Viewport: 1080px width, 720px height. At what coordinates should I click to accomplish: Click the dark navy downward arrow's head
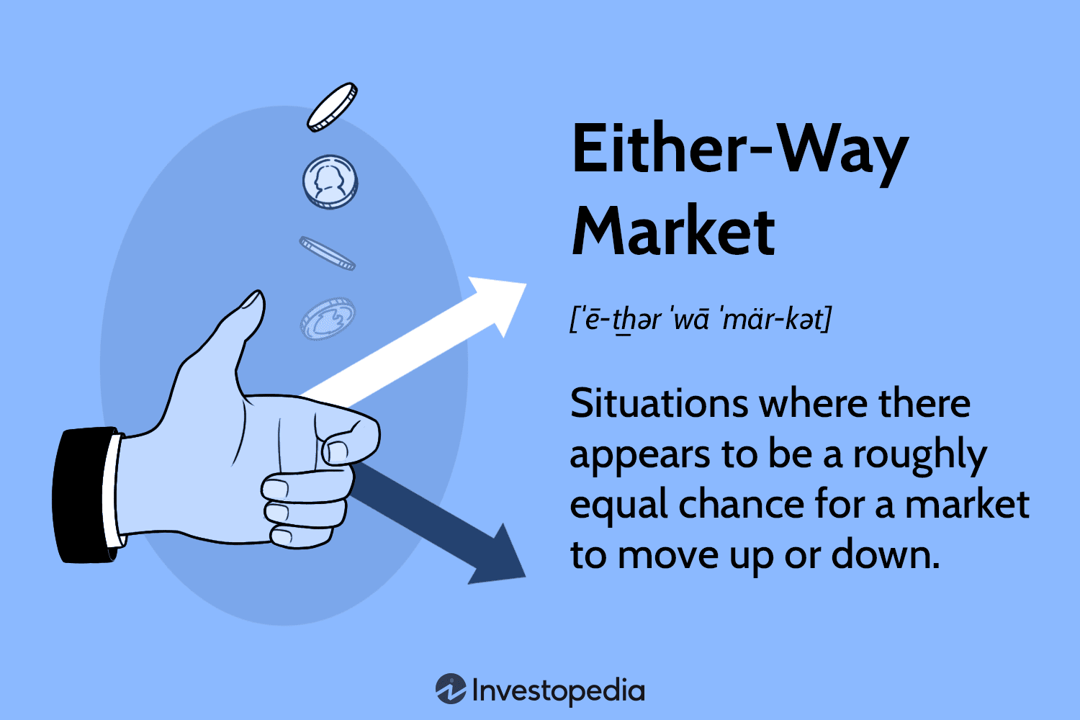[501, 559]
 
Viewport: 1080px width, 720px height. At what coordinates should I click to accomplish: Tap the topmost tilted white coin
[332, 107]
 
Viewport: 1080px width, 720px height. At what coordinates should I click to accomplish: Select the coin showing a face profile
[330, 182]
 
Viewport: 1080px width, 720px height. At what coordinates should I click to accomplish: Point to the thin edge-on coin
[328, 253]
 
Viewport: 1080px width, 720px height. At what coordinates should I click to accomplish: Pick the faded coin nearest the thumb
[328, 318]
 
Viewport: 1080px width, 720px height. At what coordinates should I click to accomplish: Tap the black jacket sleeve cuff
[84, 495]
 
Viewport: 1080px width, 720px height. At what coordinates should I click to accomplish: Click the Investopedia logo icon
[451, 688]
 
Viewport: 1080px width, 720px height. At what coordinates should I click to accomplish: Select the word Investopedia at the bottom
[558, 690]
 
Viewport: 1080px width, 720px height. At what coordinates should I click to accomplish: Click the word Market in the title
[673, 231]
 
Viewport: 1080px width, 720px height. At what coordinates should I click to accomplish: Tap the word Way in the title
[844, 153]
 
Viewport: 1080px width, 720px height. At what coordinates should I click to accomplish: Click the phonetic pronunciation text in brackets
[701, 320]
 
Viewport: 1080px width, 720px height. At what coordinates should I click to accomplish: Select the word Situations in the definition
[659, 403]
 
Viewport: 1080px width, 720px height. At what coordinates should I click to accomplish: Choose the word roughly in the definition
[920, 457]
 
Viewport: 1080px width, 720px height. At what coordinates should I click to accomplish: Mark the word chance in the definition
[742, 505]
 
